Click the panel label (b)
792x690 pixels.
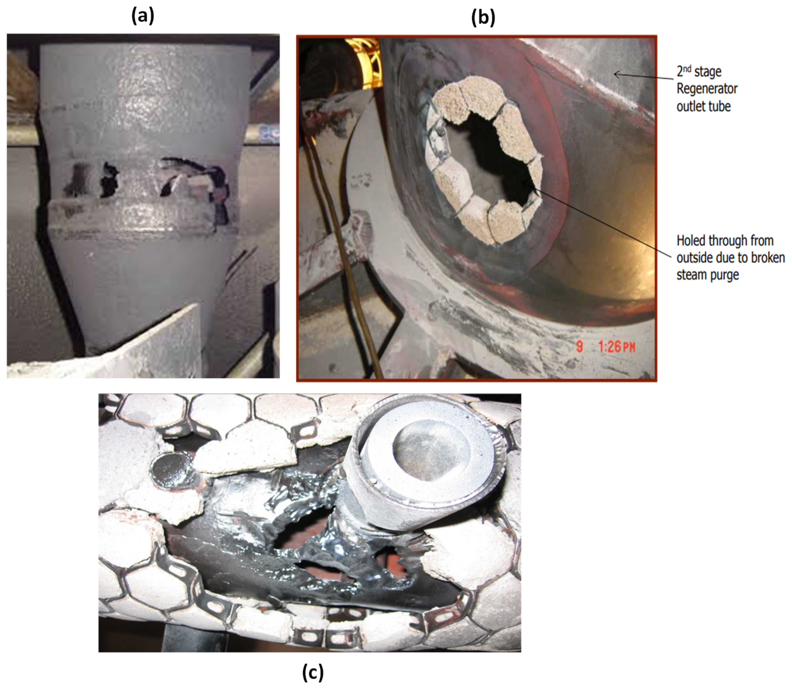pyautogui.click(x=483, y=17)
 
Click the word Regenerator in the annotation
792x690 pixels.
pyautogui.click(x=707, y=89)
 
